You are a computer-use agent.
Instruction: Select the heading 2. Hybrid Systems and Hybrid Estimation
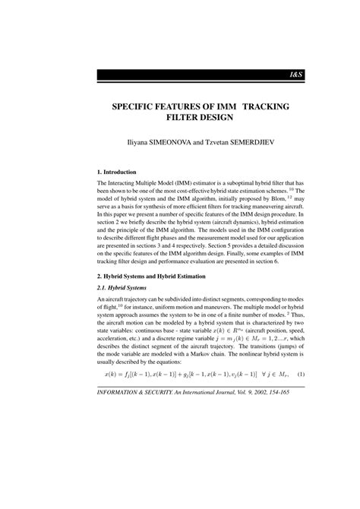(x=163, y=324)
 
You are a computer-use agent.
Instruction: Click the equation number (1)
(x=300, y=438)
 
